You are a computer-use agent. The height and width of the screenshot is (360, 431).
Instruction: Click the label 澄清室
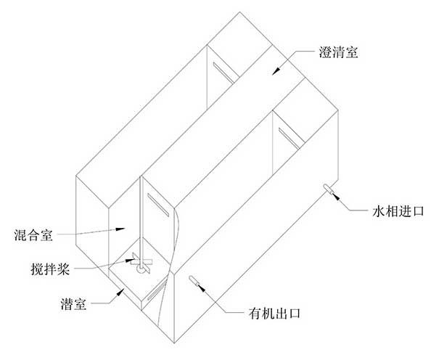[x=338, y=52]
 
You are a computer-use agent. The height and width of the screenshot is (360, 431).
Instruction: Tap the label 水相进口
[x=398, y=211]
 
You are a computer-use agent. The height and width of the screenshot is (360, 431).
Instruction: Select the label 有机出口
[x=274, y=314]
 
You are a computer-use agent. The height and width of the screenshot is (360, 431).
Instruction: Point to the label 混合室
[x=33, y=235]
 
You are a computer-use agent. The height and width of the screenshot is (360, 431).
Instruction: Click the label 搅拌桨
[x=50, y=269]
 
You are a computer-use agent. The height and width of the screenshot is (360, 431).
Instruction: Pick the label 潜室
[x=73, y=304]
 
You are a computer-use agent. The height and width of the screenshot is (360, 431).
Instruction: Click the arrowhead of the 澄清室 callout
[x=276, y=71]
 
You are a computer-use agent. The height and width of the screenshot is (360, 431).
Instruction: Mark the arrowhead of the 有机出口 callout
[x=201, y=287]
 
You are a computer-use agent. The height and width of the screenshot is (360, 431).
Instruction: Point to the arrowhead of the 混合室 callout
[x=120, y=229]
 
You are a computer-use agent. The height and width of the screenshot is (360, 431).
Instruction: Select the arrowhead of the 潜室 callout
[x=120, y=292]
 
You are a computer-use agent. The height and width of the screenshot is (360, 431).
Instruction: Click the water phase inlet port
[x=328, y=189]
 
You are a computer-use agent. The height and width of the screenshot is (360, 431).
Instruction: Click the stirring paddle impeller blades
[x=141, y=263]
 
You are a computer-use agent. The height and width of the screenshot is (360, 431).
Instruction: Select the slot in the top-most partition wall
[x=223, y=73]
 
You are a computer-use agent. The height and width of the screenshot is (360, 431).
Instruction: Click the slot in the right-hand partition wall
[x=289, y=138]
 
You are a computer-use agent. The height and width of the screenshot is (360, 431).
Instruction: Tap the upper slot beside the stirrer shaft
[x=158, y=205]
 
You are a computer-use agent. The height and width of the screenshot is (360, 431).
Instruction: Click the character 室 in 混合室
[x=46, y=235]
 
